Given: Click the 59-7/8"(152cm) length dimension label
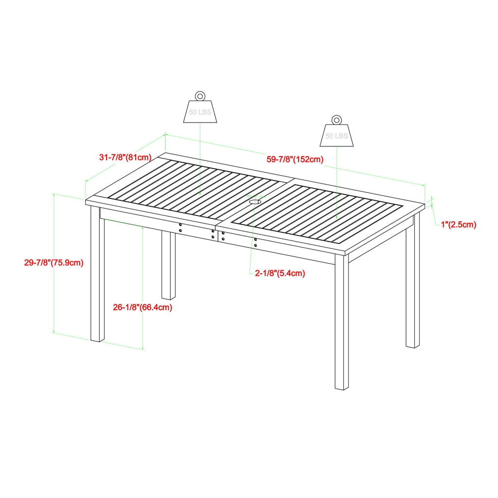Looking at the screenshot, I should pos(295,159).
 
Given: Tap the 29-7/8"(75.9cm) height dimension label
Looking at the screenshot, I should pos(54,263).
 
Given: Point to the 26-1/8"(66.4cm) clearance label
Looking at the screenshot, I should pos(142,307).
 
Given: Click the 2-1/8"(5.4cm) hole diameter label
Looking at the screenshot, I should pos(280,273).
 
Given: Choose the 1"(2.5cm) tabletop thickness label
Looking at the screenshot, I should pos(458,224).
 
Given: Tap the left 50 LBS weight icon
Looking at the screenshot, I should pos(200,111).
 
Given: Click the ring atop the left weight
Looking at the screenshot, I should pos(200,95).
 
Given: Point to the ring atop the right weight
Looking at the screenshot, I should pos(337,119).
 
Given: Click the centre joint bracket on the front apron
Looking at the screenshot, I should pos(218,235).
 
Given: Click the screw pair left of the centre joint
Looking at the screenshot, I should pos(180,227).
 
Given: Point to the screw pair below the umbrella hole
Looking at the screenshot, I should pos(256,243).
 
